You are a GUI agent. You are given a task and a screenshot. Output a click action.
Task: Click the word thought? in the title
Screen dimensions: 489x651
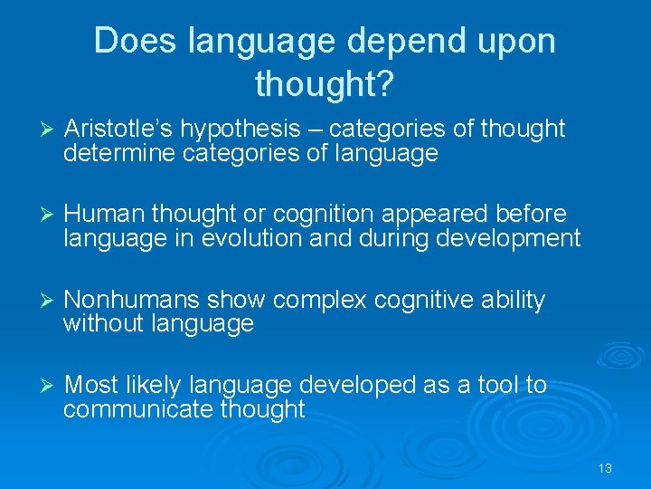[324, 84]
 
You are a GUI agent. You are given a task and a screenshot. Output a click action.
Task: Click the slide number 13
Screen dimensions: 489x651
[605, 468]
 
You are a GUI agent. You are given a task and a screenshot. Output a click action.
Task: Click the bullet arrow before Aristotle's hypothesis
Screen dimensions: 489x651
[50, 129]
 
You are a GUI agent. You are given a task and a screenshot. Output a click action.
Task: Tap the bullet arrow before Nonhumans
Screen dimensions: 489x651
[50, 300]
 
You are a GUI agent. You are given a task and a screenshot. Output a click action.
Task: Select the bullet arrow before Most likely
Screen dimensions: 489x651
[50, 386]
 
